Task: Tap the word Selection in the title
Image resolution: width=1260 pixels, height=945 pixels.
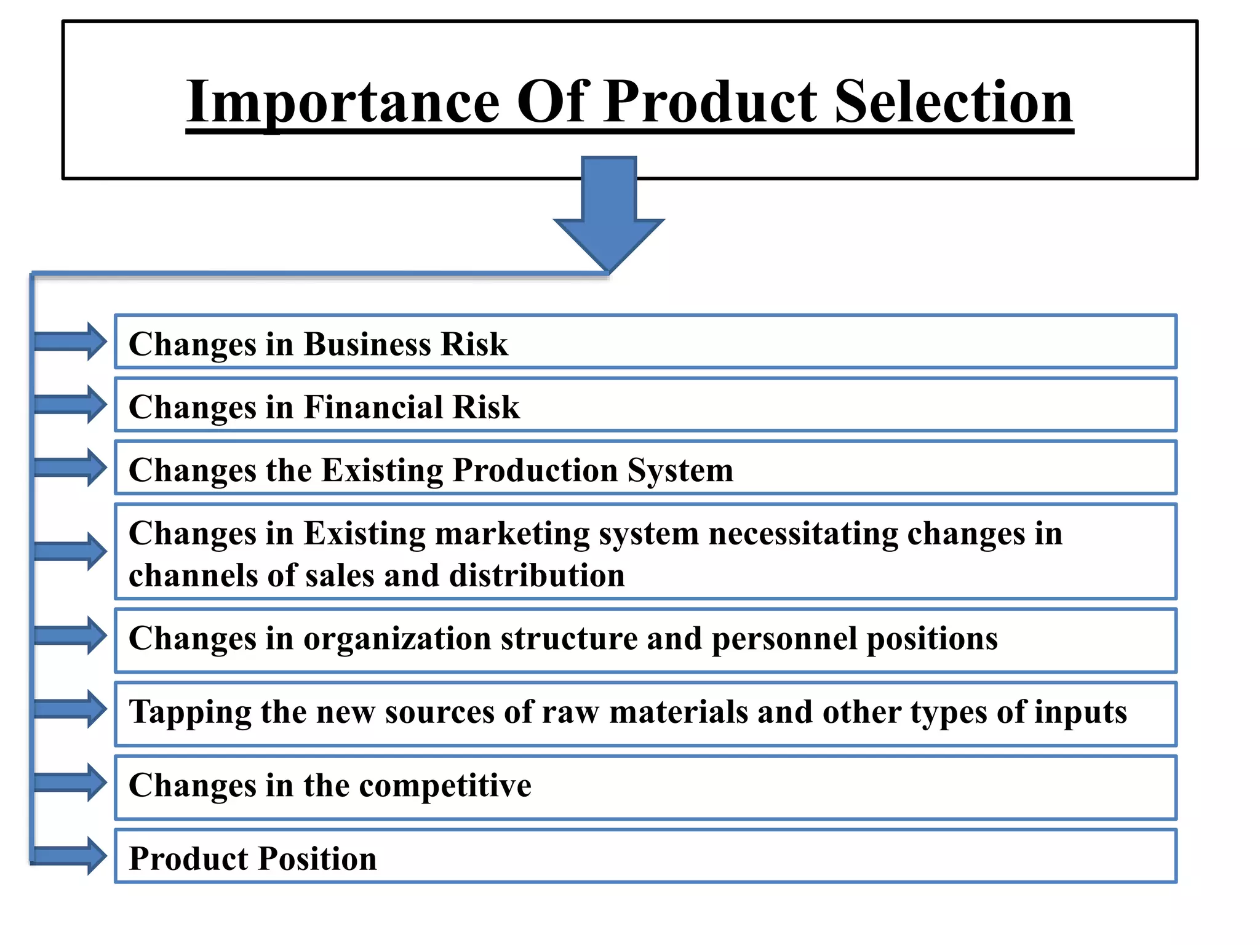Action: [x=953, y=102]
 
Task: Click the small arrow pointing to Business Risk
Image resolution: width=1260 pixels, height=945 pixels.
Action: [x=70, y=341]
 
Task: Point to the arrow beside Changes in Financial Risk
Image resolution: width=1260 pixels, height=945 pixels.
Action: [x=70, y=404]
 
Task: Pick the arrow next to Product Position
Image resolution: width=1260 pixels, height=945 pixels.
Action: [x=70, y=856]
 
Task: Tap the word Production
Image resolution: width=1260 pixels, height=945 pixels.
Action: [x=535, y=471]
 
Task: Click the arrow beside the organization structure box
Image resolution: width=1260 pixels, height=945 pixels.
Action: [x=70, y=636]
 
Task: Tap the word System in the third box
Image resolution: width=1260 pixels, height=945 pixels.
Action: [x=680, y=471]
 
